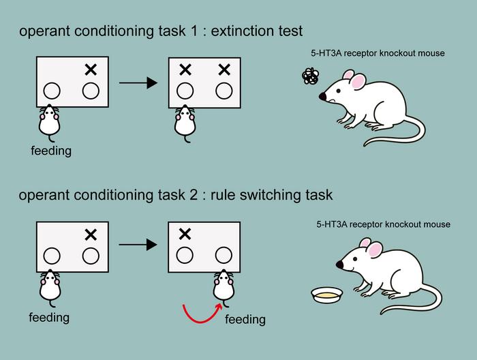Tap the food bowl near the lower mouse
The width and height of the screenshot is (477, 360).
point(326,295)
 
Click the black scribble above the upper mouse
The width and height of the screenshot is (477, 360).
point(310,76)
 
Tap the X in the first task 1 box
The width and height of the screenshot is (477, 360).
point(90,69)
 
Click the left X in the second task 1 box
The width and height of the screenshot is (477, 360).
point(184,69)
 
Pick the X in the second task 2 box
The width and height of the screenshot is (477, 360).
point(184,234)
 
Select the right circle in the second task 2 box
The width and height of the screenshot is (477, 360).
point(224,255)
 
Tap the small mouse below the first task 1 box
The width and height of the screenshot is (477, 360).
point(48,121)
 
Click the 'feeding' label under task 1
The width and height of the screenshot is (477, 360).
point(51,151)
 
